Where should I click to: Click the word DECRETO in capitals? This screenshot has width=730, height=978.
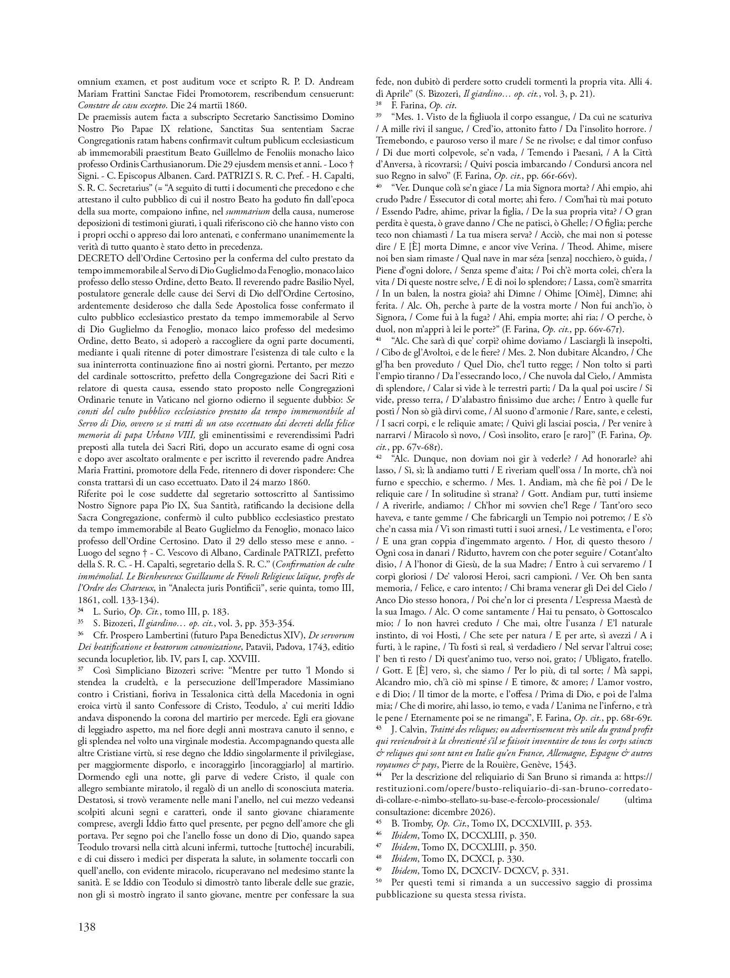point(98,259)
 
